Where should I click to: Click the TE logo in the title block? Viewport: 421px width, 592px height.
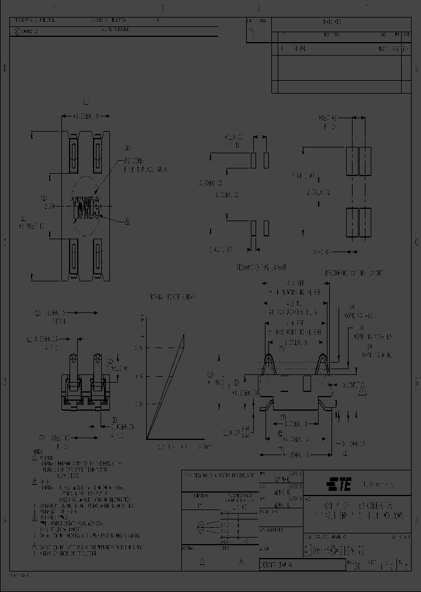click(340, 484)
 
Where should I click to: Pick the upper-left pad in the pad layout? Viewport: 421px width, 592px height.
click(254, 160)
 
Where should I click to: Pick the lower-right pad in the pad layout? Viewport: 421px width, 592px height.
click(267, 228)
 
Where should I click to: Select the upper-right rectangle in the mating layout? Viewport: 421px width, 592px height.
click(365, 160)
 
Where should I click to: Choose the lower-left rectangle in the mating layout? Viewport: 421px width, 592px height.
click(352, 222)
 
